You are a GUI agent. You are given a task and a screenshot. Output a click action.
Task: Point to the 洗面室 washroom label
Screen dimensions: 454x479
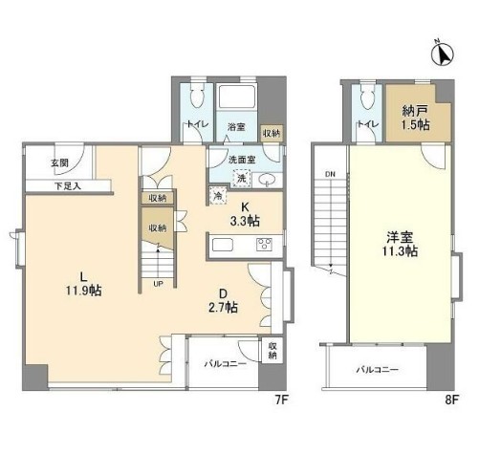241,159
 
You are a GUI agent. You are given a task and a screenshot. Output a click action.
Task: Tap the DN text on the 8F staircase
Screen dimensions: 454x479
330,173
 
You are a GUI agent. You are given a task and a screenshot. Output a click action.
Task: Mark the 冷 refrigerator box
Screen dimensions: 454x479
219,197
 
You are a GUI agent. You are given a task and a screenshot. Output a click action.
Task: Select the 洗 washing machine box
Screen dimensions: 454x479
243,178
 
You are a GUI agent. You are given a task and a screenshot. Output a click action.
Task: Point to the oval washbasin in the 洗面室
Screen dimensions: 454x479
269,179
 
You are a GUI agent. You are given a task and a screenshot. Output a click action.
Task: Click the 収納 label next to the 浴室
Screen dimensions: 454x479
272,133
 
